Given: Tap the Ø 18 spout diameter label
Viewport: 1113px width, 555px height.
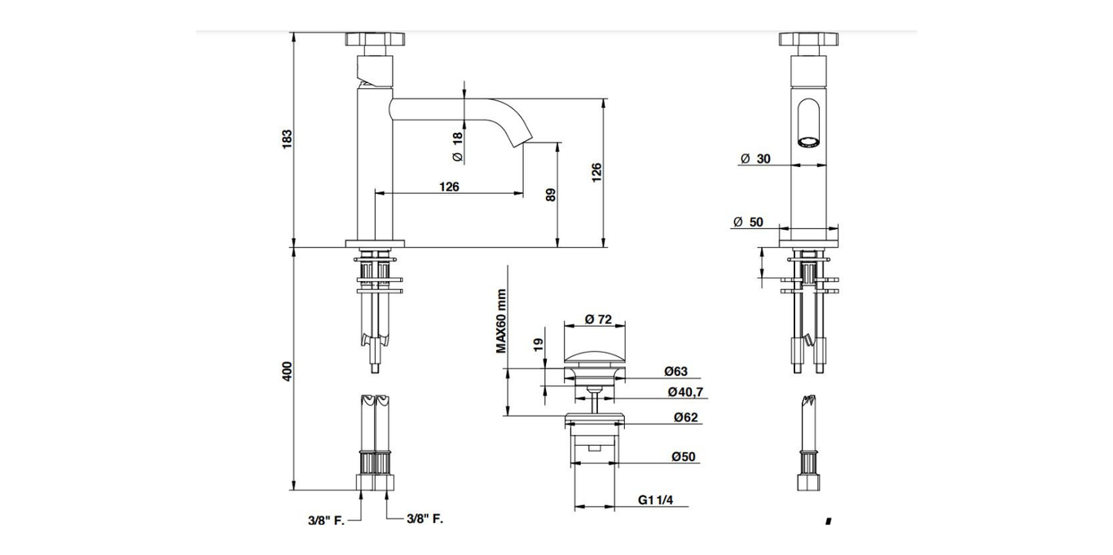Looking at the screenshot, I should point(457,146).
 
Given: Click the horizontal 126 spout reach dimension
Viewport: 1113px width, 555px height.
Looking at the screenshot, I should point(449,187).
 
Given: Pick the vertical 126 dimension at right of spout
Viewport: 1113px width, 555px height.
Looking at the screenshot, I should point(596,172).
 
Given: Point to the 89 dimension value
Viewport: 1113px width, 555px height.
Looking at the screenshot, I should point(551,196).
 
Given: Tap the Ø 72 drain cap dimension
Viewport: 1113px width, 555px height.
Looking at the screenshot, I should point(598,319).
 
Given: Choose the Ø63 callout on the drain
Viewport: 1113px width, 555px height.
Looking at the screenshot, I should point(675,372).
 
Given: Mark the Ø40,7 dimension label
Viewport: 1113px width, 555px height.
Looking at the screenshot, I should point(685,392).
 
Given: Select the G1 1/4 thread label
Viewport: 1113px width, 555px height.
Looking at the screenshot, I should point(655,500).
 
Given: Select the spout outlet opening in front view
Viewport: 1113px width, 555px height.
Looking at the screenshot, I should point(808,143).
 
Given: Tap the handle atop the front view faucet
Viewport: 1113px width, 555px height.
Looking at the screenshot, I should point(808,40).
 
